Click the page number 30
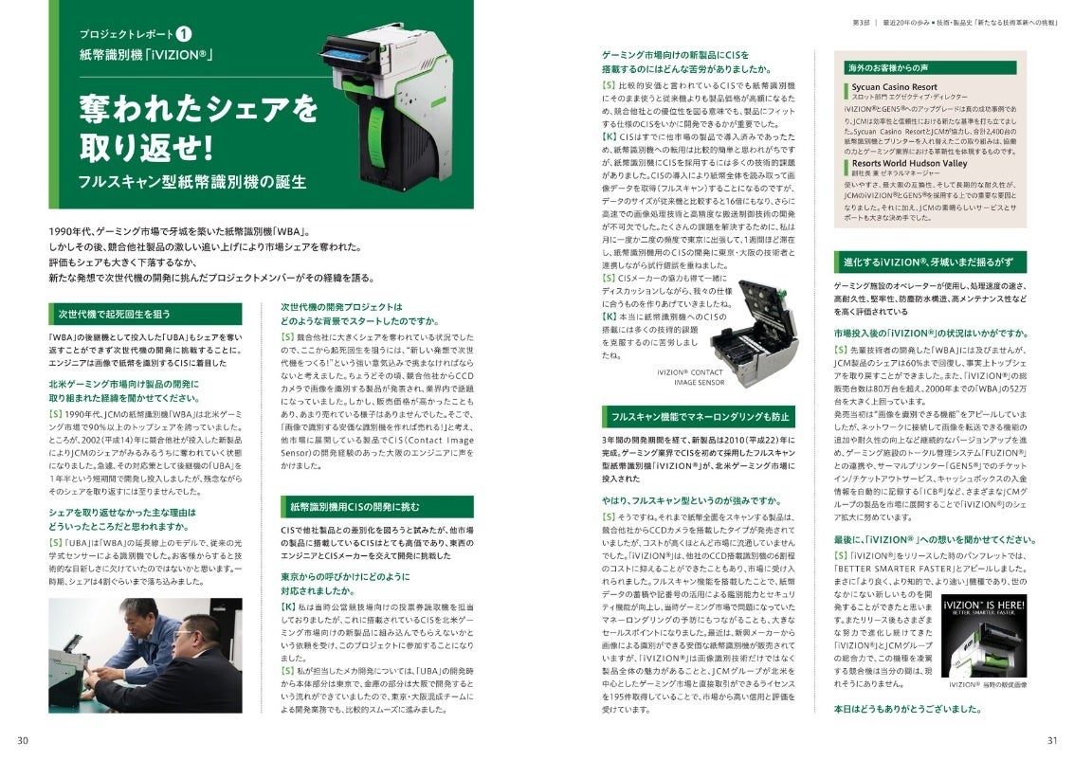pyautogui.click(x=23, y=740)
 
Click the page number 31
pyautogui.click(x=1050, y=740)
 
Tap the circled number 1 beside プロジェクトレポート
pyautogui.click(x=186, y=34)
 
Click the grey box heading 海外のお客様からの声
pyautogui.click(x=885, y=67)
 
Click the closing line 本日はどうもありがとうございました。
pyautogui.click(x=906, y=708)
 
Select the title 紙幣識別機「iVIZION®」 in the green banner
pyautogui.click(x=146, y=55)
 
